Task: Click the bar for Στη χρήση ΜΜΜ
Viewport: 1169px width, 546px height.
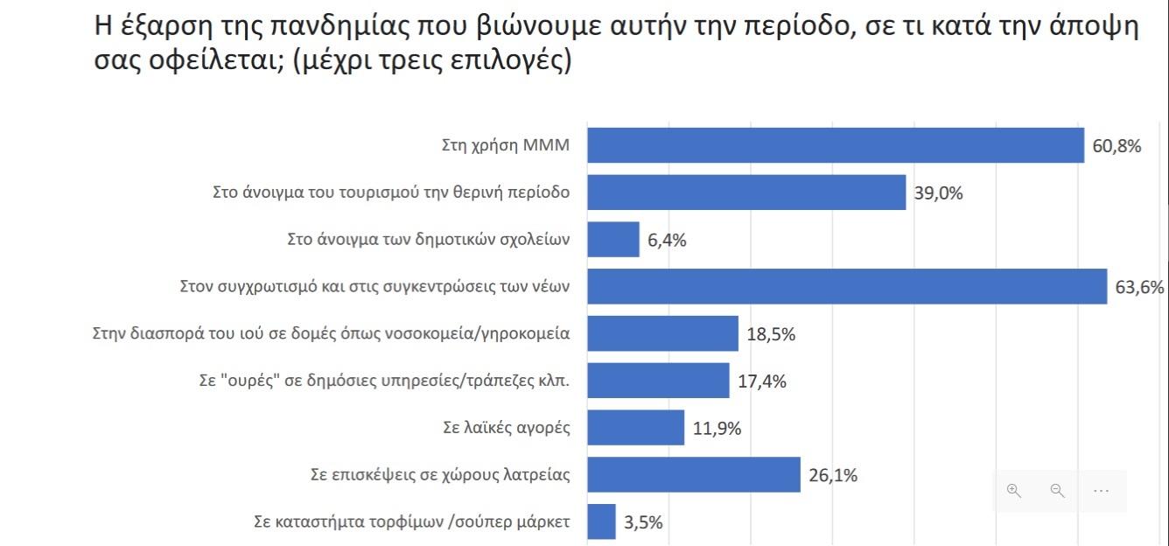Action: click(835, 145)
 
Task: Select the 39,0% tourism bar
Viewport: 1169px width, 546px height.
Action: click(745, 192)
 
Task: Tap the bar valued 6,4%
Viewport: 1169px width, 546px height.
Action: click(612, 240)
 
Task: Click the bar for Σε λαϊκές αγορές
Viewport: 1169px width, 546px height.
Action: click(635, 428)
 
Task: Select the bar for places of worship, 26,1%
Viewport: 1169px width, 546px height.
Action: click(693, 475)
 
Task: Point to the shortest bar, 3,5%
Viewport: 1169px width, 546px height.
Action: click(601, 522)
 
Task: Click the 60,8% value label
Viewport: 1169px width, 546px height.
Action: click(1117, 146)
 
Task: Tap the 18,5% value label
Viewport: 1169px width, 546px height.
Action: click(771, 334)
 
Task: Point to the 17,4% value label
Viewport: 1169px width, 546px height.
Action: click(762, 381)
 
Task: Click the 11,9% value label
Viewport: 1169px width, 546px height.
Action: click(717, 429)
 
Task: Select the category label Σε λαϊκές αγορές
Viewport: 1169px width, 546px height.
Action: click(507, 429)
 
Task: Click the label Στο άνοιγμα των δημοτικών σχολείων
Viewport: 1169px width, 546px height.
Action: click(429, 240)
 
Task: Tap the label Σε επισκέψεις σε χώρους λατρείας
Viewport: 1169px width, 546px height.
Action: click(441, 476)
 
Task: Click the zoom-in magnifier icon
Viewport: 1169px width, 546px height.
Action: click(1014, 491)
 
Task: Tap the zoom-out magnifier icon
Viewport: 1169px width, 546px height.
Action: click(1057, 491)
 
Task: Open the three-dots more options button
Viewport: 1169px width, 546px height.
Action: click(1101, 491)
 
